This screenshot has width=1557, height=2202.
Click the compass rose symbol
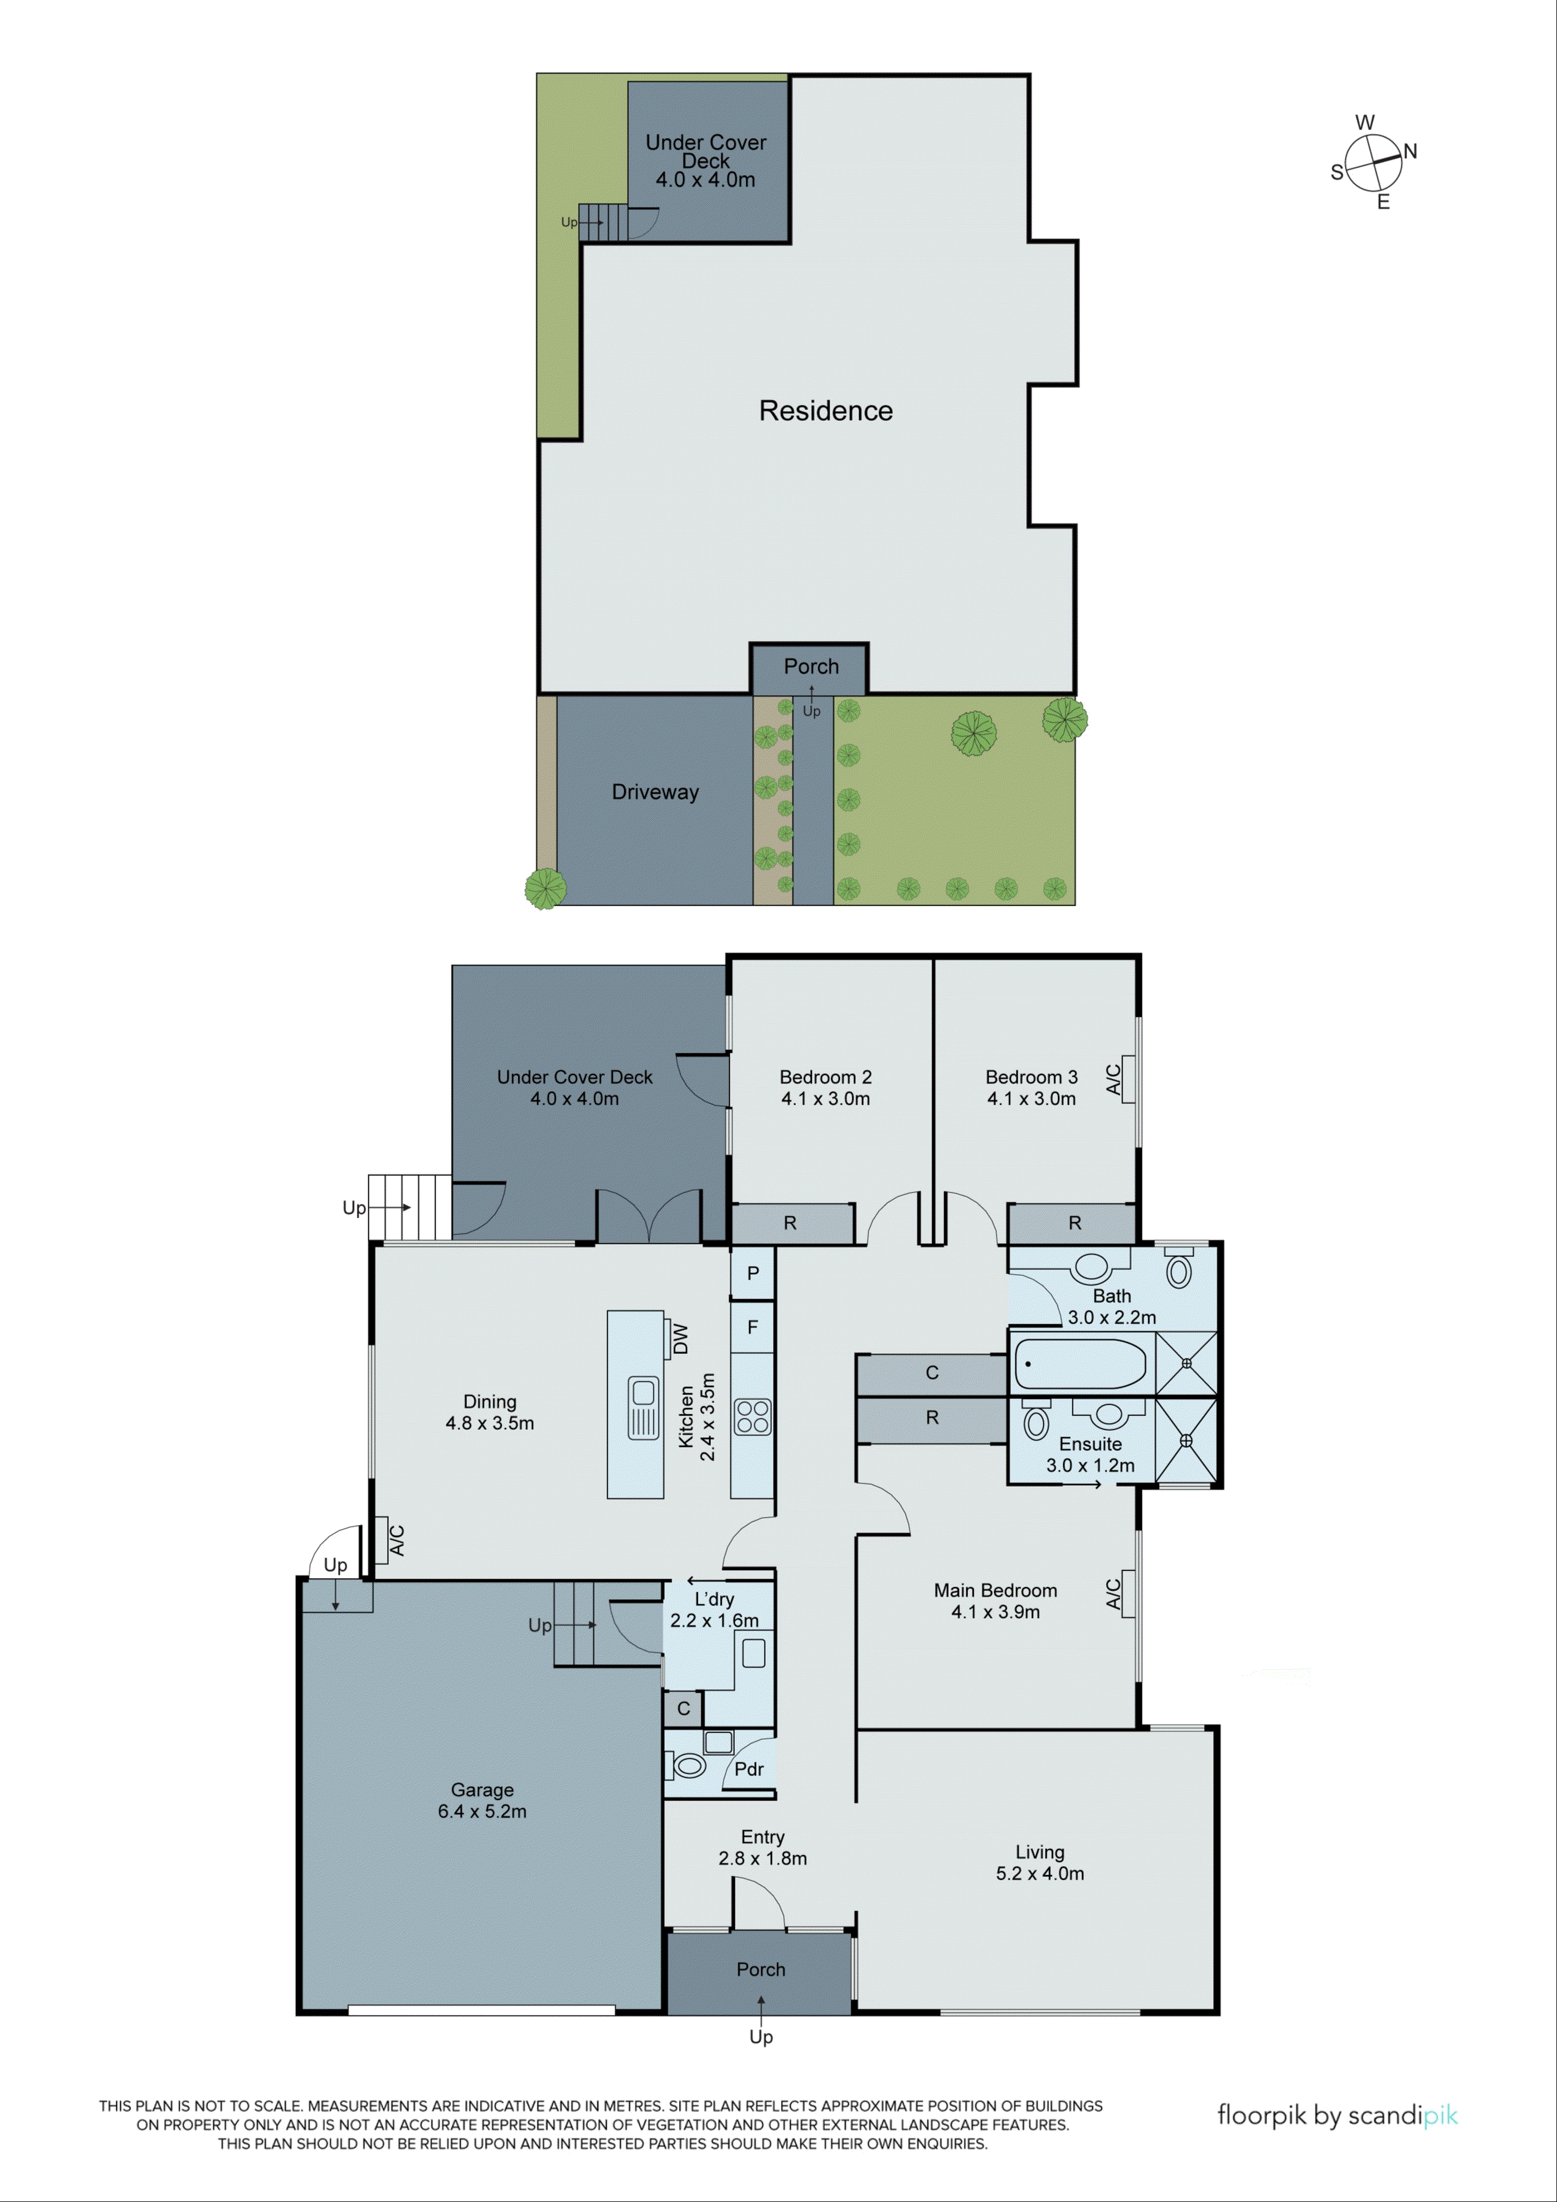click(x=1373, y=162)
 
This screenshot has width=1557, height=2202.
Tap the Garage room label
click(x=482, y=1790)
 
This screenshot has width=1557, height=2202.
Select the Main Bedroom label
click(x=995, y=1590)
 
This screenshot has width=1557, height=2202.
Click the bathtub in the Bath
click(x=1080, y=1364)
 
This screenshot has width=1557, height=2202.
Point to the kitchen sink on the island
click(x=643, y=1407)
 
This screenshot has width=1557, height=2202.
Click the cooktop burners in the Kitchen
click(x=753, y=1417)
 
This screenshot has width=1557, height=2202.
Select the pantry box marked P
click(x=753, y=1273)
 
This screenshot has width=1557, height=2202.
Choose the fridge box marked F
click(x=753, y=1327)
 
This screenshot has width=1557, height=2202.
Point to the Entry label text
click(x=762, y=1836)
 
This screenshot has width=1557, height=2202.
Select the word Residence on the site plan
click(x=826, y=411)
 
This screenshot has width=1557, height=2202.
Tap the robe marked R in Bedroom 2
click(x=790, y=1223)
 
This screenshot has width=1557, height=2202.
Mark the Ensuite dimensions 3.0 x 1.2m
click(x=1090, y=1466)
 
